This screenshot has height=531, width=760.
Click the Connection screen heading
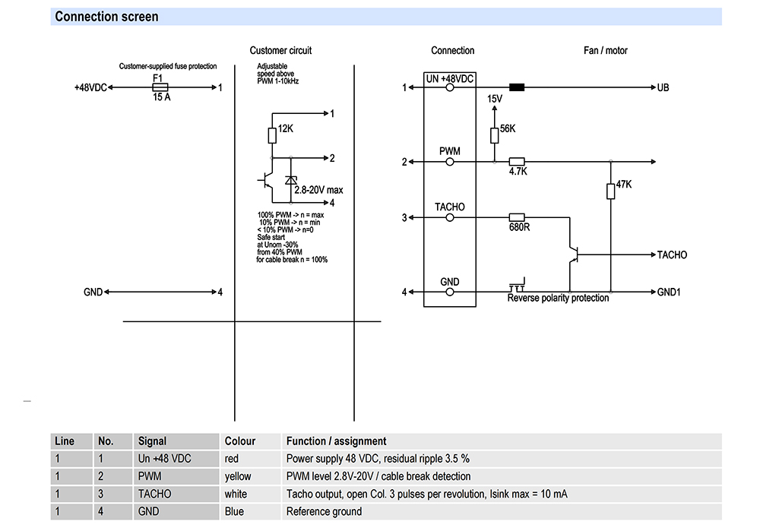(106, 17)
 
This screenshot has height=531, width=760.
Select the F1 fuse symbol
(160, 87)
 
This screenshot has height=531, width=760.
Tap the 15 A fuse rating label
(160, 98)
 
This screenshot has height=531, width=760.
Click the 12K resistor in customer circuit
(271, 135)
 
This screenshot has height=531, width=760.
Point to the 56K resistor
(495, 134)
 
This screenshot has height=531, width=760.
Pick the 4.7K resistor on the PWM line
(518, 162)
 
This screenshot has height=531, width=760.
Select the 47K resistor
(610, 190)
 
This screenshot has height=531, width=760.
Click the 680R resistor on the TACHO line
(518, 218)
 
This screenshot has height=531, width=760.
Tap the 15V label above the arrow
(495, 100)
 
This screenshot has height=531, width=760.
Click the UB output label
(663, 87)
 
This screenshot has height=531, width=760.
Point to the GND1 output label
(668, 292)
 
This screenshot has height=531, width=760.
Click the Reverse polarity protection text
(558, 299)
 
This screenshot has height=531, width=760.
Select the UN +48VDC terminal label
(449, 78)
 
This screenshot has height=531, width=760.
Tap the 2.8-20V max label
(319, 190)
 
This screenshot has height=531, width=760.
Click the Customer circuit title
(280, 51)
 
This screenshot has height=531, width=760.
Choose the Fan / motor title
(605, 51)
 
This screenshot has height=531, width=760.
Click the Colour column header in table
(240, 441)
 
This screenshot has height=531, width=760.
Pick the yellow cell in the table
(238, 476)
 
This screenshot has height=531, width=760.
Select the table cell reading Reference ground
(325, 512)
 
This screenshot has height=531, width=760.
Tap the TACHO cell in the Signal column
(154, 494)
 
